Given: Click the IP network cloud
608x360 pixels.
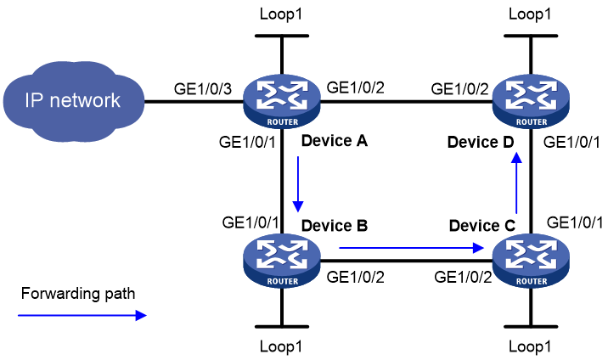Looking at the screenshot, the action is [74, 101].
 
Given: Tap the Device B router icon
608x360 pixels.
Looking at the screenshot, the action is [282, 261].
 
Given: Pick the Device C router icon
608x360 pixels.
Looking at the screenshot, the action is [531, 261].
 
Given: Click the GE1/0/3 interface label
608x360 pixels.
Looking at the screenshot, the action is [203, 89].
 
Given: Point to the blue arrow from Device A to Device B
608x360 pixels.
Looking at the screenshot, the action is [298, 184].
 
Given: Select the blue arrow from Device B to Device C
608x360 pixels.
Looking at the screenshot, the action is [411, 248].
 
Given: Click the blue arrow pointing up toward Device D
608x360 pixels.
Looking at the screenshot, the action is [516, 183].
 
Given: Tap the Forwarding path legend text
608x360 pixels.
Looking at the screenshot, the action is [78, 293].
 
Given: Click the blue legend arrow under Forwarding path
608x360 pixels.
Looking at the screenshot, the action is [82, 316].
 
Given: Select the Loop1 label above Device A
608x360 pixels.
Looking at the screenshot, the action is [281, 14].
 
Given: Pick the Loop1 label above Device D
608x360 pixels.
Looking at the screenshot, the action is [530, 14].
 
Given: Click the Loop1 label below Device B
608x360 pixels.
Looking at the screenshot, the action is [281, 346].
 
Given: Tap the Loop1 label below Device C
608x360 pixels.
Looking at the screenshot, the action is [530, 346].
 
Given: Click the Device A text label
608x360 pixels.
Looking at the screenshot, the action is [335, 141].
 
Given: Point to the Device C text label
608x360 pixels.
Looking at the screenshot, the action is [482, 226].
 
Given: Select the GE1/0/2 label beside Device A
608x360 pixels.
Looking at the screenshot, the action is [356, 87].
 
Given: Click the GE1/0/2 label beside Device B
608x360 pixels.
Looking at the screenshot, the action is [356, 277].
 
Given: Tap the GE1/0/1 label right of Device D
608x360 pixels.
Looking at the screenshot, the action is [571, 143].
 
